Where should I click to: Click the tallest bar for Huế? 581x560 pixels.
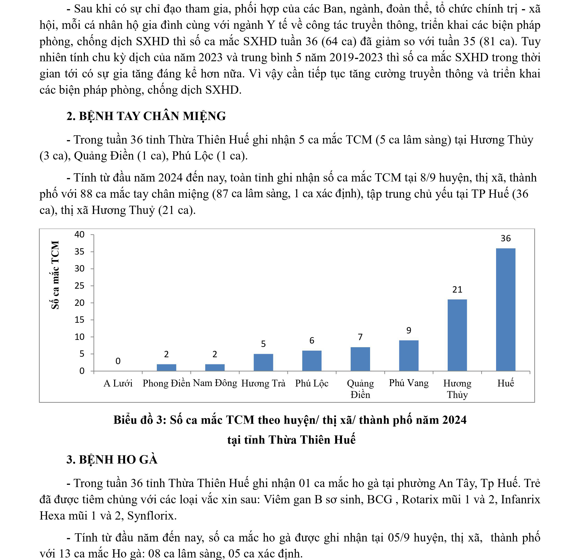[505, 309]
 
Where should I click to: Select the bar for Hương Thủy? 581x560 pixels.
[457, 335]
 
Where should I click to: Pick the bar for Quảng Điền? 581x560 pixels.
[360, 359]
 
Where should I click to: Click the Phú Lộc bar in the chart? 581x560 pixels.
[312, 361]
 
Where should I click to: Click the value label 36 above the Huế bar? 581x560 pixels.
[505, 238]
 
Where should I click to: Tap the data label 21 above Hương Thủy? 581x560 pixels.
[457, 289]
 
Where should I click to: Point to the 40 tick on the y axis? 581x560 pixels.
[79, 235]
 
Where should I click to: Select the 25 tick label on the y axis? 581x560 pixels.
[79, 286]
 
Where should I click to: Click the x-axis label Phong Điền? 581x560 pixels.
[166, 383]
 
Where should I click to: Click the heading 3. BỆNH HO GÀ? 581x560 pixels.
[112, 459]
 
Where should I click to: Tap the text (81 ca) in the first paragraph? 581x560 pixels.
[498, 41]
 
